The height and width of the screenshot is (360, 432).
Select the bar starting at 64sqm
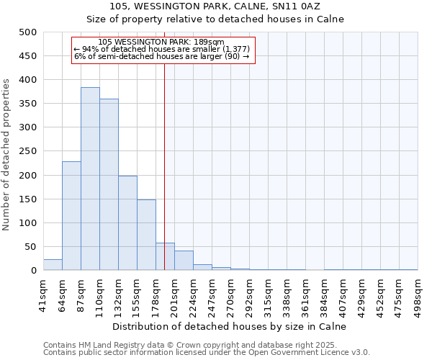(71, 216)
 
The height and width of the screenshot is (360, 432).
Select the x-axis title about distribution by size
(230, 326)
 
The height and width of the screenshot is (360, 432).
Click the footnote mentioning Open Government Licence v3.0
(206, 353)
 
